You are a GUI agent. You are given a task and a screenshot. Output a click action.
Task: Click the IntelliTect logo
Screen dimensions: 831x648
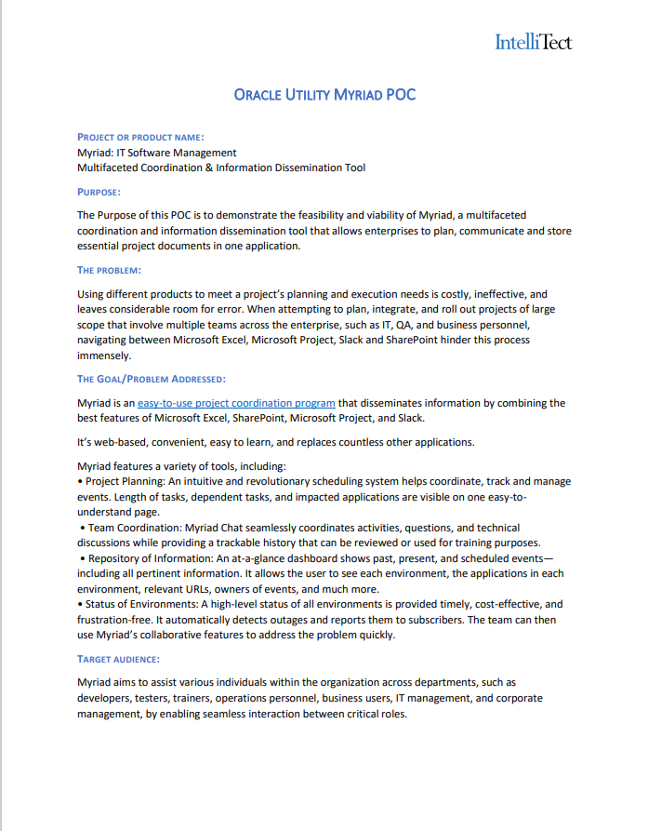[533, 42]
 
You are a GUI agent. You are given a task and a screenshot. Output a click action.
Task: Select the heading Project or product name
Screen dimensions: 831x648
[140, 137]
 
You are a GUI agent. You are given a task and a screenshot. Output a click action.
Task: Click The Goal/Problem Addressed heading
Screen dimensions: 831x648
[151, 379]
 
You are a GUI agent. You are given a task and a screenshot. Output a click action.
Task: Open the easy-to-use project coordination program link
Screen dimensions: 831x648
[236, 403]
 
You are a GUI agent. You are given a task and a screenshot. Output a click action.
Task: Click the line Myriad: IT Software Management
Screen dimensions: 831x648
[156, 153]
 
